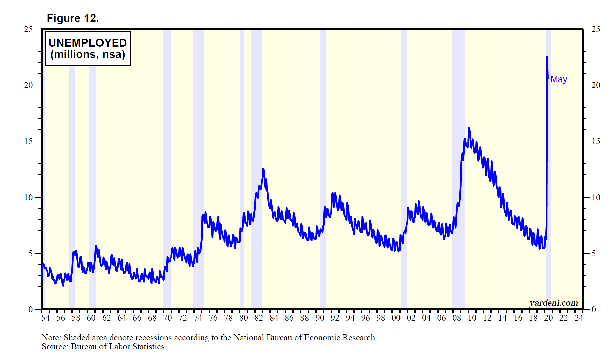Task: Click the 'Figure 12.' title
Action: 73,18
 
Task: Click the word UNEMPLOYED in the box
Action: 87,43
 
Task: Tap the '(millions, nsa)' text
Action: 87,54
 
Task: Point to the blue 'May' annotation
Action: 559,79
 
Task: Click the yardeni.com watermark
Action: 553,303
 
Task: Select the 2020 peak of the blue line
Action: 547,57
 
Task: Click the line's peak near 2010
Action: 469,128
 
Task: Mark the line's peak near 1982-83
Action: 263,169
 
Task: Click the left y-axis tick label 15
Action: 28,141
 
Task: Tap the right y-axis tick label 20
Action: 596,85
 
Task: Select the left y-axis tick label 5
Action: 30,253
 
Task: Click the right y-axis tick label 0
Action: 594,309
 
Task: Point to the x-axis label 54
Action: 45,318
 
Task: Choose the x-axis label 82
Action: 259,318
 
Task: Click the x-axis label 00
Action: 396,318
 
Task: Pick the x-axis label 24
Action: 579,318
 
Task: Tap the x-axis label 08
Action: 457,318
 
